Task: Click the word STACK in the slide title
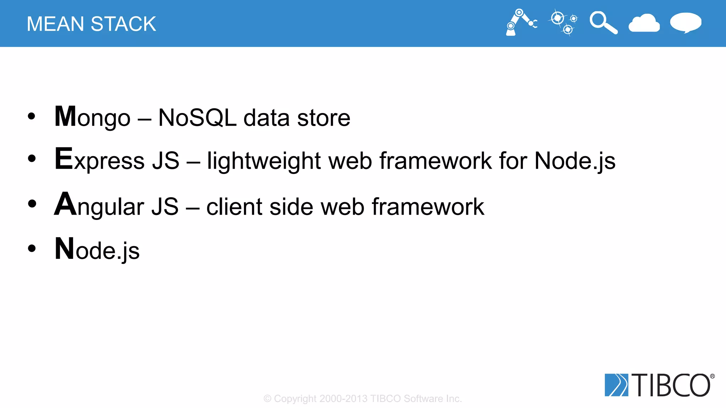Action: (123, 24)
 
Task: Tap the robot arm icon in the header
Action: (520, 23)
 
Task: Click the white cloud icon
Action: (644, 23)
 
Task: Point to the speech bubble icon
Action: (686, 23)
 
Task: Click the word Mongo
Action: (93, 118)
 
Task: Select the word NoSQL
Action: (197, 118)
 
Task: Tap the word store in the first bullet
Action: (324, 118)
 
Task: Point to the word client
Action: (234, 206)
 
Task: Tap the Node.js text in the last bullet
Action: (97, 250)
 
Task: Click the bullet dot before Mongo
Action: (32, 116)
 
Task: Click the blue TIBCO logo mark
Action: (616, 385)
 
